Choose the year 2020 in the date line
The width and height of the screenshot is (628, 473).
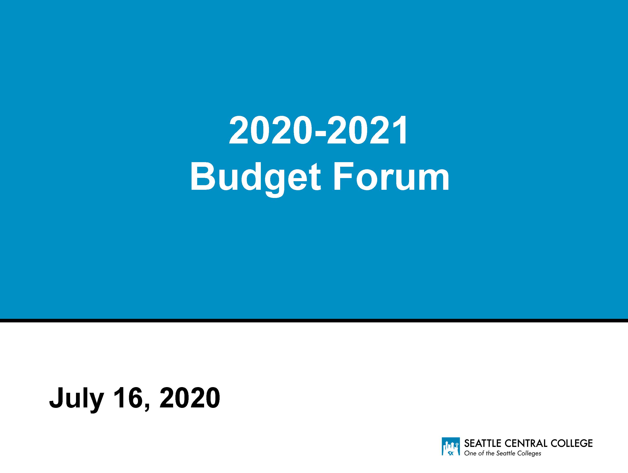click(189, 397)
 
